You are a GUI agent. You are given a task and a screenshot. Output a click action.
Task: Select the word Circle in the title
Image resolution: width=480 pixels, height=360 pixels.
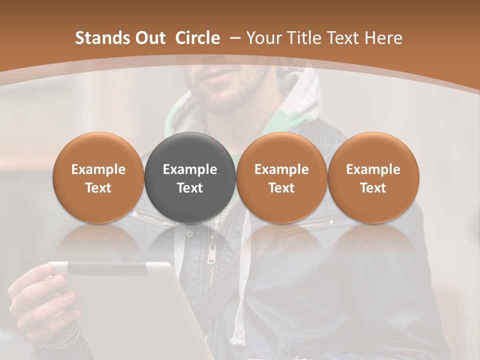(197, 38)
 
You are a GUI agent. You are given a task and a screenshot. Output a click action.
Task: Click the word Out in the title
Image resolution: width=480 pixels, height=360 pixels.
(149, 38)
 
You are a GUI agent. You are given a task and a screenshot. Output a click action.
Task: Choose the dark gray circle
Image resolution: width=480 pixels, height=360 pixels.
(190, 177)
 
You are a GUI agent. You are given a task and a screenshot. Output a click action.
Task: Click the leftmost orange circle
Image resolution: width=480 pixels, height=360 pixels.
(98, 177)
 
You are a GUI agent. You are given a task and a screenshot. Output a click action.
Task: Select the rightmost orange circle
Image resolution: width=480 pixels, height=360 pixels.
(373, 177)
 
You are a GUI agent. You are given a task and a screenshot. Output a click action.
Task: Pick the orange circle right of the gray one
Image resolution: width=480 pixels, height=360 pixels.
(281, 177)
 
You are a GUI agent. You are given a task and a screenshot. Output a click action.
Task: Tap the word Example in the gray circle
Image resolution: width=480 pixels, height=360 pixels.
(190, 169)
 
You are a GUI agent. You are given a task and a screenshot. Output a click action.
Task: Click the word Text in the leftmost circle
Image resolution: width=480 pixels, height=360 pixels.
(98, 188)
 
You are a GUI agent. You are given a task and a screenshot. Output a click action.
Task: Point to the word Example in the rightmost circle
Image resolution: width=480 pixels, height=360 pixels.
(373, 169)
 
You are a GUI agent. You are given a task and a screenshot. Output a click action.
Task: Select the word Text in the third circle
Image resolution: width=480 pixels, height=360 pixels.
(281, 188)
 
